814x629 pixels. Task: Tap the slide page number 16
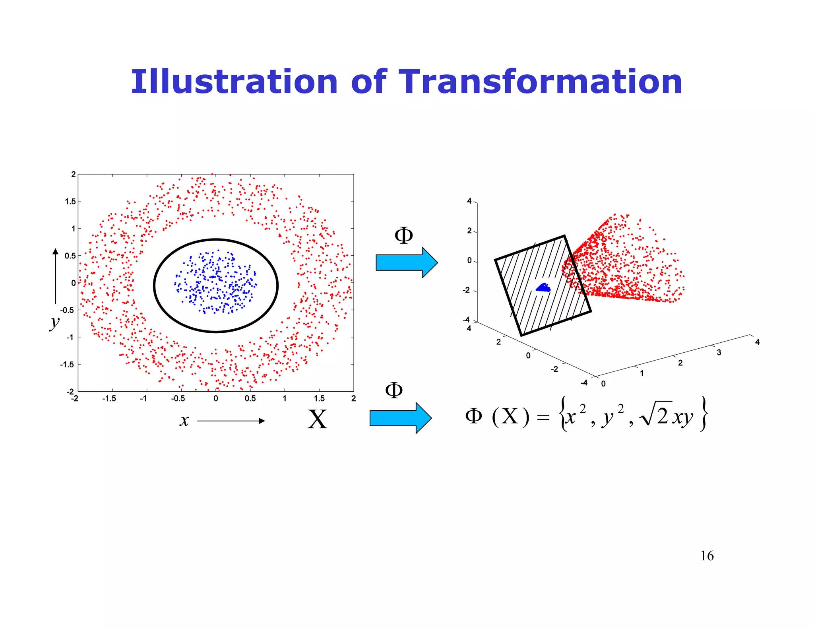pos(707,556)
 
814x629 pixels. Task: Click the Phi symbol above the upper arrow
pos(403,235)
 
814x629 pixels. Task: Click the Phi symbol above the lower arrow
pos(394,390)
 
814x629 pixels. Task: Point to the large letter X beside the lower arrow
pos(317,419)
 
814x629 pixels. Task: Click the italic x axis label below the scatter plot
pos(184,420)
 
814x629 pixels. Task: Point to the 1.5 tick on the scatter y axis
pos(70,202)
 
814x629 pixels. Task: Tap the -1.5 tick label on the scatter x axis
pos(109,398)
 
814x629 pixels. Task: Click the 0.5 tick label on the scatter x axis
pos(250,398)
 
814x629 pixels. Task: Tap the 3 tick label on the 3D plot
pos(719,352)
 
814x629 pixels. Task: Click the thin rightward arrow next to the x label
pos(231,421)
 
